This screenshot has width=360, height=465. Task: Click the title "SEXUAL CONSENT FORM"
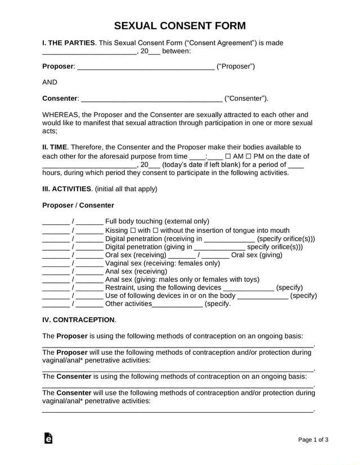[x=180, y=25]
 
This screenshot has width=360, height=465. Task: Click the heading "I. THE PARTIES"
[x=69, y=43]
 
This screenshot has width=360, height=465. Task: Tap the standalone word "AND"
[x=50, y=82]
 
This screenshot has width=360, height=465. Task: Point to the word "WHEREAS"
[x=60, y=114]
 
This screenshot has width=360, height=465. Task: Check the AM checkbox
[x=228, y=156]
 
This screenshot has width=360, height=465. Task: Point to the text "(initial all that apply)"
[x=126, y=189]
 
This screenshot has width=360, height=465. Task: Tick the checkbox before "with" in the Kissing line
[x=133, y=231]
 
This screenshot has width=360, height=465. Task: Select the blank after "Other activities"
[x=177, y=305]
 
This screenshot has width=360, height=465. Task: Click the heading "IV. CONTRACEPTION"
[x=79, y=319]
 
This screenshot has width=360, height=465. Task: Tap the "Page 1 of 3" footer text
[x=313, y=439]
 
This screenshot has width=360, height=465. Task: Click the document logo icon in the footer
[x=48, y=439]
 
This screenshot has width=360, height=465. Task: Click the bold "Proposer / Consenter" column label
[x=78, y=205]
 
